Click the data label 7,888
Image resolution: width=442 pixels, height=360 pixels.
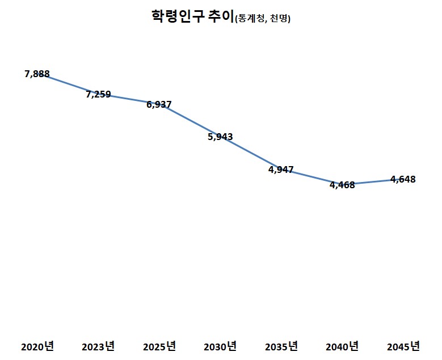[x=37, y=74]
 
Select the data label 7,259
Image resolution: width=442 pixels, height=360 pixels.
[x=98, y=95]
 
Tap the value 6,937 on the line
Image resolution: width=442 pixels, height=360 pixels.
[x=159, y=104]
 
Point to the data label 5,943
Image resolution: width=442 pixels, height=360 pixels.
[x=220, y=137]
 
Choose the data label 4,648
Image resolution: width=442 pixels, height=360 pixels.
[x=403, y=179]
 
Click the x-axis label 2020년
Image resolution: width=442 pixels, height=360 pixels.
[x=37, y=346]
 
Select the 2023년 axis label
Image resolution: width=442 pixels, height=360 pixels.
[x=98, y=346]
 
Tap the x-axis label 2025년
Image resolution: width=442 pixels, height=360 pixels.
[x=159, y=346]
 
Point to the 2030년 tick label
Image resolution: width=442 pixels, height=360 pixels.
[x=220, y=346]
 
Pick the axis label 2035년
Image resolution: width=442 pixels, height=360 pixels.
[x=281, y=346]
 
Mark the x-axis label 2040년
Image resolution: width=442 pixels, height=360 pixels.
[x=342, y=346]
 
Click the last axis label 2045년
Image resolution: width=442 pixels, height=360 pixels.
[x=403, y=346]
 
